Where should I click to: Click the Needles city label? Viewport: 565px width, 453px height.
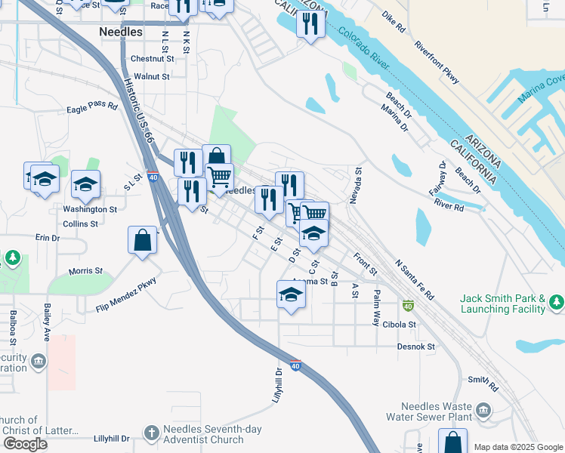click(x=121, y=32)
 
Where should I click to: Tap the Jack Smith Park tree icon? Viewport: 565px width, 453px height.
click(x=557, y=303)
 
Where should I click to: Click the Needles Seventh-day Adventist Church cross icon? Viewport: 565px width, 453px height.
click(x=152, y=433)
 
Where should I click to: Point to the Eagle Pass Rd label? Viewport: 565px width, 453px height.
click(x=92, y=108)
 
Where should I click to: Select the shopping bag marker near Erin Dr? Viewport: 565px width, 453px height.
click(x=142, y=241)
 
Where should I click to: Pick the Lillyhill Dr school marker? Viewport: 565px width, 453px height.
click(x=291, y=295)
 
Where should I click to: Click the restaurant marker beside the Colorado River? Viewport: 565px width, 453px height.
click(x=310, y=23)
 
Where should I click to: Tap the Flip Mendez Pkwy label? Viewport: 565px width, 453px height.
click(x=125, y=294)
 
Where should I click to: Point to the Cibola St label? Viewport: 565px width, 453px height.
click(x=400, y=325)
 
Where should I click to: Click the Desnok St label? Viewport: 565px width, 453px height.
click(x=416, y=347)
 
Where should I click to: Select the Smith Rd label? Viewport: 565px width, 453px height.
click(x=483, y=384)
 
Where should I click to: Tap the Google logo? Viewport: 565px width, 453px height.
click(x=25, y=443)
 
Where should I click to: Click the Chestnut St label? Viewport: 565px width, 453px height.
click(x=152, y=58)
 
